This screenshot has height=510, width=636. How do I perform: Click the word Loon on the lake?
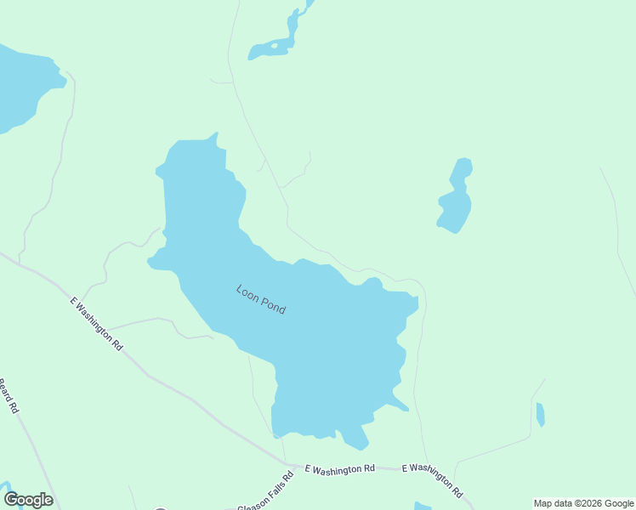click(x=246, y=292)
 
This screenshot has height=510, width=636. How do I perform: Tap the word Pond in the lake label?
click(x=272, y=306)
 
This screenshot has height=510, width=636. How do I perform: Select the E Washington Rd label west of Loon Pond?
click(x=97, y=324)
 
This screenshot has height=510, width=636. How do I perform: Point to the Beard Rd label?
click(x=9, y=396)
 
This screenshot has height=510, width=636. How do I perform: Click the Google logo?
click(x=28, y=500)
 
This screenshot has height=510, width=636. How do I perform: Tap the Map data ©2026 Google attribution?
click(x=584, y=503)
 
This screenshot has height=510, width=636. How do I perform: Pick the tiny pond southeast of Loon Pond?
click(x=540, y=415)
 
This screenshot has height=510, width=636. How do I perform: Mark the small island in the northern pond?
click(x=274, y=44)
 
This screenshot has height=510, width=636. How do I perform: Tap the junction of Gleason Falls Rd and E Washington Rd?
click(x=290, y=467)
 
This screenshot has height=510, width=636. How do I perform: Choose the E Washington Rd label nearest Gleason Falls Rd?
click(x=339, y=468)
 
